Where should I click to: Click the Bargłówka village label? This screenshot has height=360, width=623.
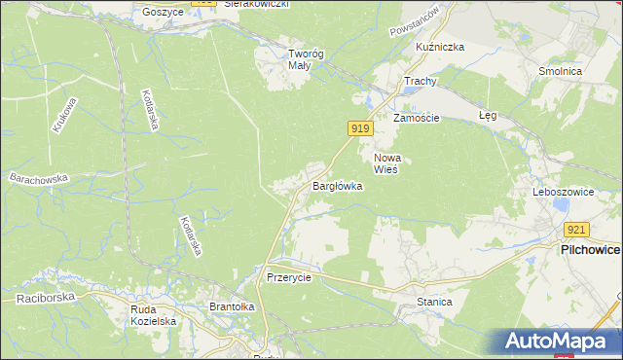(x=337, y=185)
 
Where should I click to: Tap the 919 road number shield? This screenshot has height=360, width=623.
(x=359, y=128)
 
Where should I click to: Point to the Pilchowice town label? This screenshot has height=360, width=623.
(x=590, y=250)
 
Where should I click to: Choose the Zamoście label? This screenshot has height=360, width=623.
(x=417, y=118)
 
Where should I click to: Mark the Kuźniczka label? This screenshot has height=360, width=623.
(x=440, y=47)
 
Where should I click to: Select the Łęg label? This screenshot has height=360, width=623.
(x=488, y=115)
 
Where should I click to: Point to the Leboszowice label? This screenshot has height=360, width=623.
(x=563, y=193)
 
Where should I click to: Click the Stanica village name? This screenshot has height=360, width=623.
(x=434, y=302)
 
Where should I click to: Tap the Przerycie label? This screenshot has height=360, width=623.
(x=288, y=277)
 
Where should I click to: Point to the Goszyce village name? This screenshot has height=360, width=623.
(x=163, y=12)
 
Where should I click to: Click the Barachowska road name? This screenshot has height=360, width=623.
(x=39, y=179)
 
